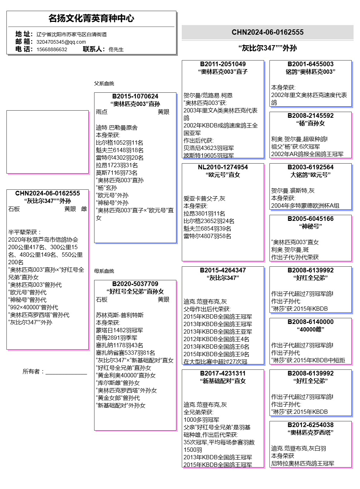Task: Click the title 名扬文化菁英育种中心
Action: coord(91,18)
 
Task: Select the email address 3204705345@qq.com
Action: coord(61,42)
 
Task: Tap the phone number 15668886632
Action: coord(52,49)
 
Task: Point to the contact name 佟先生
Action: coord(116,49)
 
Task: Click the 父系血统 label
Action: coord(104,83)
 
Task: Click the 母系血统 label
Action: coord(104,271)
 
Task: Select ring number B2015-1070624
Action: coord(135,96)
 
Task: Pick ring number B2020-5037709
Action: coord(135,284)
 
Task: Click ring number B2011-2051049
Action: coord(223,64)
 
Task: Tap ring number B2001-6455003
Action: coord(310,64)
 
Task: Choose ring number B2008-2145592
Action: coord(310,116)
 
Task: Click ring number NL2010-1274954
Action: coord(223,167)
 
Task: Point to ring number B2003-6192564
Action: coord(310,167)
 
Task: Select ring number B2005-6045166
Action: coord(310,219)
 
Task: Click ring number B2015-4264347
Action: coord(223,270)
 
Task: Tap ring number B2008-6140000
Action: coord(310,322)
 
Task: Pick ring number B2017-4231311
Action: coord(223,373)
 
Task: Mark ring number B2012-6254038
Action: coord(310,425)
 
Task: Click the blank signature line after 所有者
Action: coord(66,372)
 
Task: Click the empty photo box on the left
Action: coord(47,142)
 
